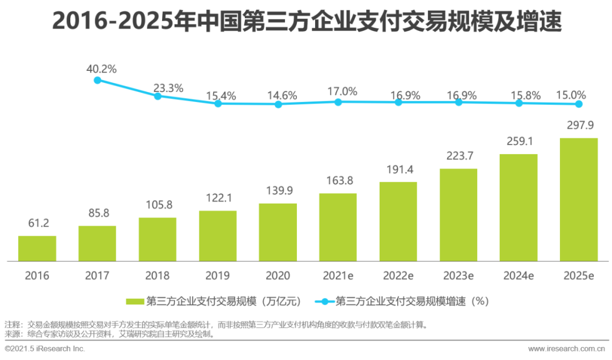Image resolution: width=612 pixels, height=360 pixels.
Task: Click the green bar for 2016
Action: click(37, 248)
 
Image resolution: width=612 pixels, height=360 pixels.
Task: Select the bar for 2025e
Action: click(579, 199)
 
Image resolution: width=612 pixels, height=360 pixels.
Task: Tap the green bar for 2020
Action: click(278, 232)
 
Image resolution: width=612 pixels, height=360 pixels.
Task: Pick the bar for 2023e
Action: click(458, 215)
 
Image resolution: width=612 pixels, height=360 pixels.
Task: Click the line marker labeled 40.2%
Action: click(97, 81)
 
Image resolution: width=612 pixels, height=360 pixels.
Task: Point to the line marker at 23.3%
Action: click(158, 96)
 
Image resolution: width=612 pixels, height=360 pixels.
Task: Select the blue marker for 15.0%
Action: click(579, 104)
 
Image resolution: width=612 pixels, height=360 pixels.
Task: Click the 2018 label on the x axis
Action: click(158, 276)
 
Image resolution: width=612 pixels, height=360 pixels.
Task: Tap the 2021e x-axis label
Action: click(338, 276)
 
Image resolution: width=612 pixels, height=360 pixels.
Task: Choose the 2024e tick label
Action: click(518, 276)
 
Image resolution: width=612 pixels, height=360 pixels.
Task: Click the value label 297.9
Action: click(579, 125)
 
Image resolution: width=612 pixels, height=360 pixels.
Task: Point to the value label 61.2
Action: click(37, 223)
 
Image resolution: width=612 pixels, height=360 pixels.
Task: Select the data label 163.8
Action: click(338, 181)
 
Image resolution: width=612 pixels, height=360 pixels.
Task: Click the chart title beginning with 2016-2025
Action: click(307, 22)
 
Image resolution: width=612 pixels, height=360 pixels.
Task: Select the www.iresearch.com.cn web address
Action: click(566, 348)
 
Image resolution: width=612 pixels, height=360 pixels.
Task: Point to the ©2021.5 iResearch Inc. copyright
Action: click(45, 348)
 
